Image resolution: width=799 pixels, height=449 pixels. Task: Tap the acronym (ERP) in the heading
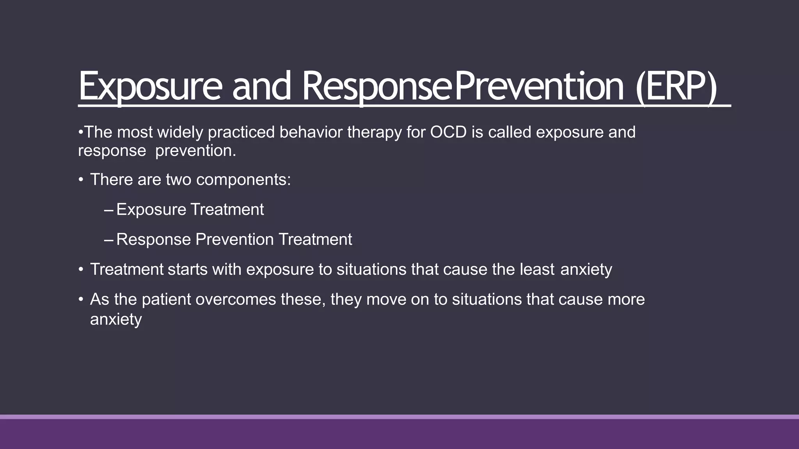pos(676,87)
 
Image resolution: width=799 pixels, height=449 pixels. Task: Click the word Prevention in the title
pos(539,87)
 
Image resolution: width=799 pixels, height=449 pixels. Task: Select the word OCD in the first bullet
pos(448,132)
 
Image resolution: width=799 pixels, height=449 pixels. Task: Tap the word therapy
pos(374,132)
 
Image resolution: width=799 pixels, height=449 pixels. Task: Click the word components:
pos(243,180)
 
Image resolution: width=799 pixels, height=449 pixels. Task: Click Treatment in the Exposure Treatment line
pos(227,210)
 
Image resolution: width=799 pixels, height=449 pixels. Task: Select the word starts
pos(187,269)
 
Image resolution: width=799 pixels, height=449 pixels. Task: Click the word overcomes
pos(236,299)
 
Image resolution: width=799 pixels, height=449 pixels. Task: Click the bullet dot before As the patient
pos(81,300)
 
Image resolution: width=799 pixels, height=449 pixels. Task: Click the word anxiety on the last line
pos(116,320)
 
